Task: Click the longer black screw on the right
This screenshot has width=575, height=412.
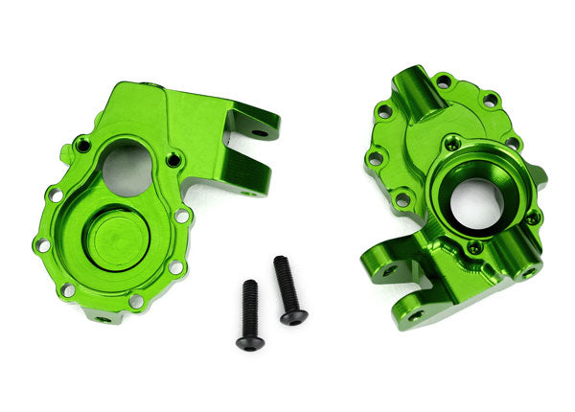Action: coord(287,291)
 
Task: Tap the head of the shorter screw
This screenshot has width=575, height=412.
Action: coord(249,342)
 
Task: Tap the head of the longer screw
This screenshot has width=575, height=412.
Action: coord(293,316)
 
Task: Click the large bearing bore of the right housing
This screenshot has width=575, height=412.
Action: coord(473,201)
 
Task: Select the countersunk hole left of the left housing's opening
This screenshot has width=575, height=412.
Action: coord(83,146)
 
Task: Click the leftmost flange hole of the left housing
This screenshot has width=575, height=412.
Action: coord(42,244)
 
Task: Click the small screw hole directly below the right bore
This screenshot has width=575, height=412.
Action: coord(472,246)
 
